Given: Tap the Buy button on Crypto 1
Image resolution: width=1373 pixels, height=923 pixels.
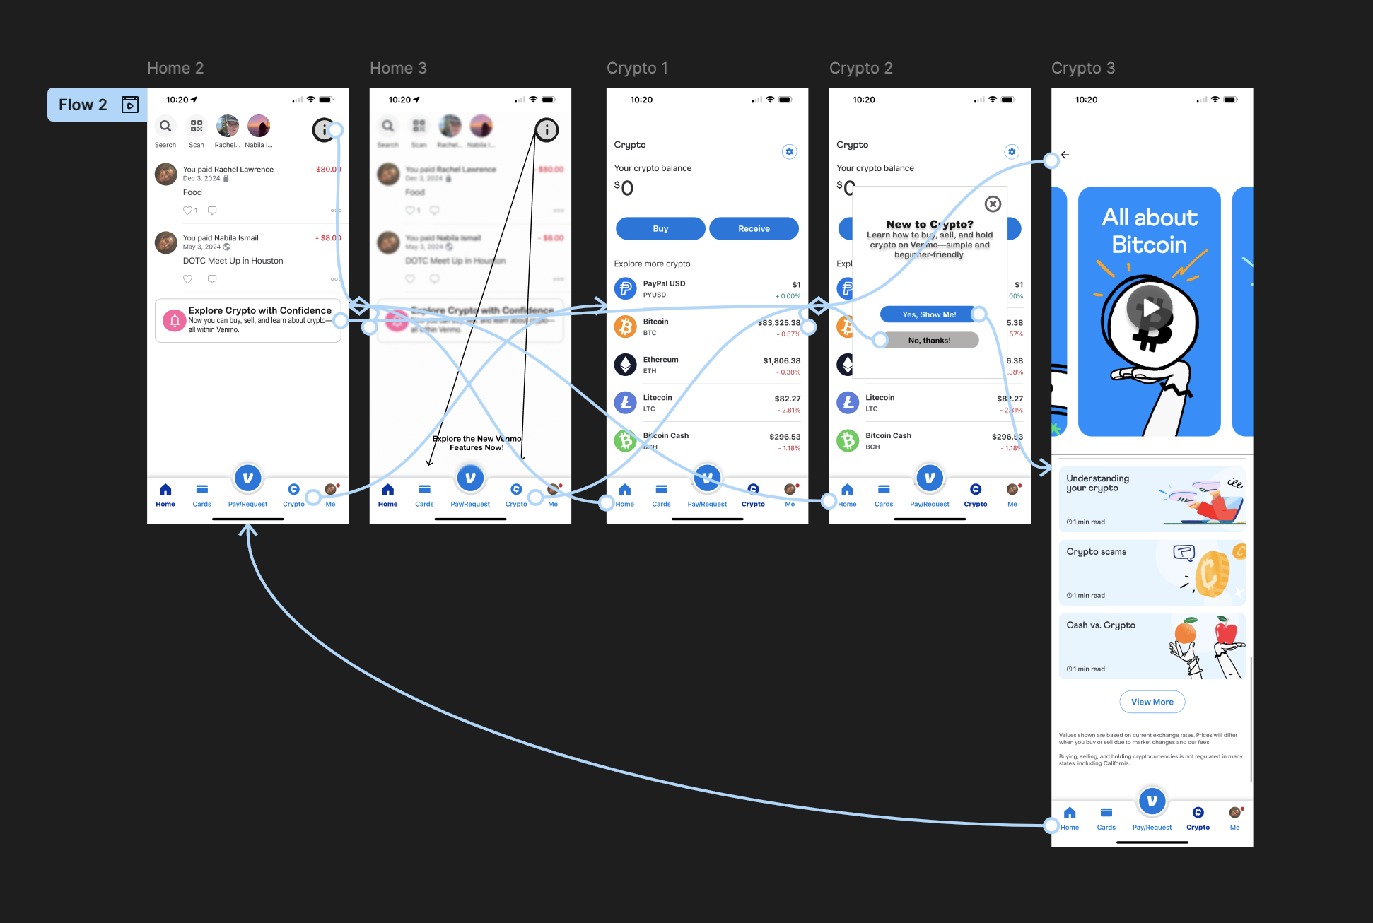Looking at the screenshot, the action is pyautogui.click(x=660, y=228).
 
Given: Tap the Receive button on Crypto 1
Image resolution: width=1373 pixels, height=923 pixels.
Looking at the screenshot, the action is pyautogui.click(x=754, y=228).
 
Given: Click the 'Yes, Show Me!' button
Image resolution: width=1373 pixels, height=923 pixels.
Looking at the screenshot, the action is pyautogui.click(x=929, y=314).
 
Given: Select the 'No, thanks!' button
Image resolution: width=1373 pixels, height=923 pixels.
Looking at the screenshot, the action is pyautogui.click(x=929, y=340).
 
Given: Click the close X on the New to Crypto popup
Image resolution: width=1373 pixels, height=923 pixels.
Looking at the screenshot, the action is pyautogui.click(x=993, y=204).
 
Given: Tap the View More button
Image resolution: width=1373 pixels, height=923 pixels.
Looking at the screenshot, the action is pyautogui.click(x=1152, y=702).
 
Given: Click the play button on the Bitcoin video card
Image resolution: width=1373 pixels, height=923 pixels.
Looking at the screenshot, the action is pyautogui.click(x=1150, y=309).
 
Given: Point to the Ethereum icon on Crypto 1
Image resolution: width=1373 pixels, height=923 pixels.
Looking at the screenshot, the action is pyautogui.click(x=625, y=365).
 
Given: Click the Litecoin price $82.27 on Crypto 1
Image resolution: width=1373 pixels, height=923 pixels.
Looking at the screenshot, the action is pyautogui.click(x=787, y=399).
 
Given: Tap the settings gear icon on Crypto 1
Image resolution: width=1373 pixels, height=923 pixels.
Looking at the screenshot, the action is pyautogui.click(x=790, y=152).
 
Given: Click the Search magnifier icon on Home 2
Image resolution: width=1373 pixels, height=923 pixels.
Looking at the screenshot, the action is pyautogui.click(x=165, y=126).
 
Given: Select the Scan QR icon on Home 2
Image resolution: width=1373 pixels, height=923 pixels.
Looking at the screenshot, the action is pyautogui.click(x=197, y=126).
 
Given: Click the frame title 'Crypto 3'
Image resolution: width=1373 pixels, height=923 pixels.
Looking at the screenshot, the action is pyautogui.click(x=1082, y=68).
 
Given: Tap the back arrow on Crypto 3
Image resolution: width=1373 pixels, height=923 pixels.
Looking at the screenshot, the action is pyautogui.click(x=1065, y=155).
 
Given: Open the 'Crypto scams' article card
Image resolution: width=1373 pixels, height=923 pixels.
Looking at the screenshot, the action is pyautogui.click(x=1152, y=572).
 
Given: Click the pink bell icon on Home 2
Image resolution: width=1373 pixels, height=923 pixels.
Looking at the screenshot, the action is pyautogui.click(x=175, y=320).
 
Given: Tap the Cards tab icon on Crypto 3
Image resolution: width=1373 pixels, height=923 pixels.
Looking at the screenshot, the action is pyautogui.click(x=1106, y=813).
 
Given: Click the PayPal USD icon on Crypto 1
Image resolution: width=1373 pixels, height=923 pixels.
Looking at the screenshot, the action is pyautogui.click(x=625, y=288).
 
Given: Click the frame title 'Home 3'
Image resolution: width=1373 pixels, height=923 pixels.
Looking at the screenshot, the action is pyautogui.click(x=398, y=68).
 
